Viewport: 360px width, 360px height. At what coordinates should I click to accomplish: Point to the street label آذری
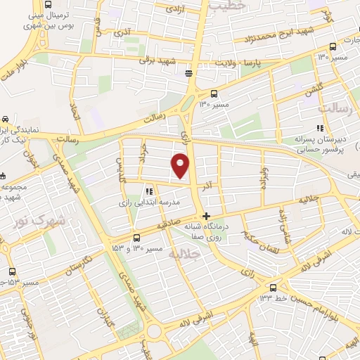126,33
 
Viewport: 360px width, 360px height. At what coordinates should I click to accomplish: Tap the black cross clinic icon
205,216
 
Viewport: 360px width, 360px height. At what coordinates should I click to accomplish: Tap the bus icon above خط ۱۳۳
274,287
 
